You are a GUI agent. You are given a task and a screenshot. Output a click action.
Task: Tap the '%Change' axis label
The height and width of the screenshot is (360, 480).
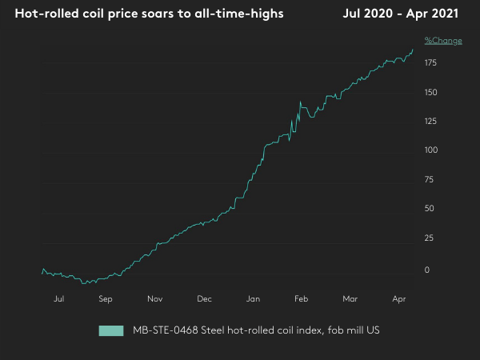[x=442, y=40]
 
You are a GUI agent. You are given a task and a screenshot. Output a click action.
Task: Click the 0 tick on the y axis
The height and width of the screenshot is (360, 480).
[x=428, y=270]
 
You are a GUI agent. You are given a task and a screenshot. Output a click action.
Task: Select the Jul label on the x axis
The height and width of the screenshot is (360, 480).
[x=58, y=299]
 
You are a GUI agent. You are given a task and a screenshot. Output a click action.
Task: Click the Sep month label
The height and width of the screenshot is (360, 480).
[x=106, y=299]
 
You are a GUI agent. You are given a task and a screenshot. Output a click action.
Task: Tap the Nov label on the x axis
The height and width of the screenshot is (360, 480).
[x=155, y=299]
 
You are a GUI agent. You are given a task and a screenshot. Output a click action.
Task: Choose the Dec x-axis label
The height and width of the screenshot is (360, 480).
[x=204, y=299]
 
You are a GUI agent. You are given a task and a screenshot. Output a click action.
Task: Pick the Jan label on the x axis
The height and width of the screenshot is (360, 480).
[x=254, y=299]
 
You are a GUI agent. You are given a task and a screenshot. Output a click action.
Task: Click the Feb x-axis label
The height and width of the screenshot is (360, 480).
[x=302, y=299]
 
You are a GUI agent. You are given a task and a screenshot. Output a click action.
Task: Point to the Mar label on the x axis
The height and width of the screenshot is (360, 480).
[x=350, y=299]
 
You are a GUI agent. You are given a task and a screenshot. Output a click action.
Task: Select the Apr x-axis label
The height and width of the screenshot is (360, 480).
[x=399, y=299]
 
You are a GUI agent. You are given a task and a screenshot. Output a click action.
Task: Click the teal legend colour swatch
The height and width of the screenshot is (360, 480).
[x=110, y=330]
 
